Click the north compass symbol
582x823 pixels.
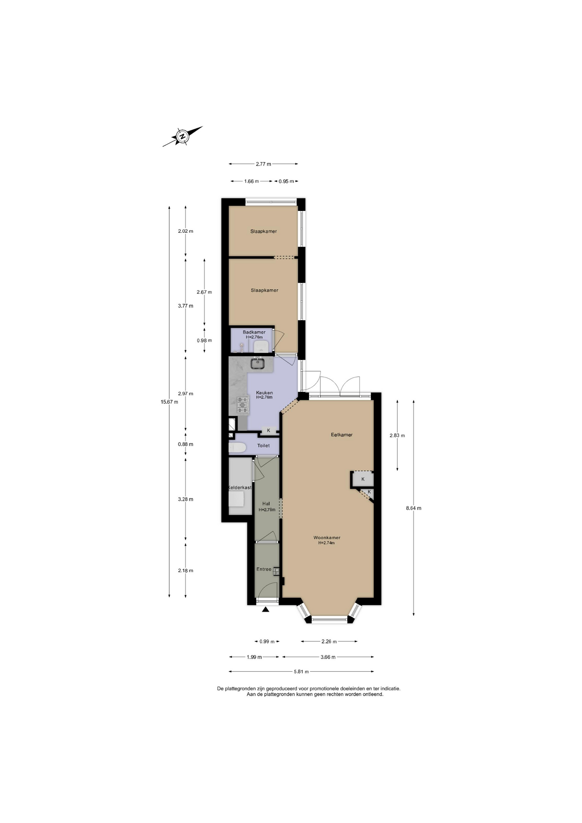coord(183,136)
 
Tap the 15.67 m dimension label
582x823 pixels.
coord(169,402)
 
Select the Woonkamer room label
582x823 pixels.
coord(327,538)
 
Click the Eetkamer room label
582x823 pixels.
coord(342,435)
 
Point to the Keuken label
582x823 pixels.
coord(264,393)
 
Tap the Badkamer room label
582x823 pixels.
coord(254,332)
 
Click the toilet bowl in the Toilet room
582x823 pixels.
coord(237,448)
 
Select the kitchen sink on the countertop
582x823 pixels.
coord(258,363)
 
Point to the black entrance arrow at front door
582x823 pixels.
coord(266,609)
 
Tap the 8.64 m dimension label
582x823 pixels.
coord(414,508)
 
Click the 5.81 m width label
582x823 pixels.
coord(301,671)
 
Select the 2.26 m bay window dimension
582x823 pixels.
coord(329,641)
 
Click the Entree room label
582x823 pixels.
coord(264,569)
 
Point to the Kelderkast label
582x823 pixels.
coord(240,487)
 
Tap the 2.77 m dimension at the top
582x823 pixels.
coord(263,164)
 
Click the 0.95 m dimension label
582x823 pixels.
coord(286,181)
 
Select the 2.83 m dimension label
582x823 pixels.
coord(397,435)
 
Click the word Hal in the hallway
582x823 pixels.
coord(266,504)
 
